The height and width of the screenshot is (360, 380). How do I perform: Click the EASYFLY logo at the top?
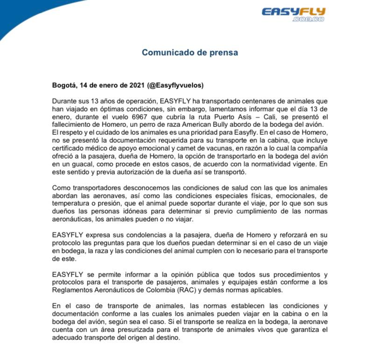pos(293,12)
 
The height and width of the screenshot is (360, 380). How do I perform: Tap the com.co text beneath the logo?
pos(308,20)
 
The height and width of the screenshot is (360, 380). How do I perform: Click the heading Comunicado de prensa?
pos(190,52)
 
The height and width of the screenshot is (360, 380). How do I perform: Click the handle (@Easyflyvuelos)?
pos(175,86)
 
